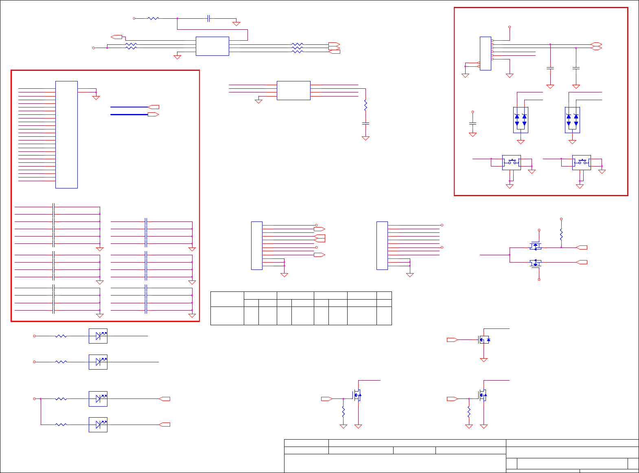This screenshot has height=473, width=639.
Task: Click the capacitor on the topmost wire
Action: tap(208, 18)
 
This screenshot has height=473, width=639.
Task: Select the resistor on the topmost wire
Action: tap(153, 18)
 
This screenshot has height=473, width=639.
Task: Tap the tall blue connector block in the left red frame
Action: tap(66, 134)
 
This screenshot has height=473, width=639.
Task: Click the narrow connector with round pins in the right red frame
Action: tap(485, 53)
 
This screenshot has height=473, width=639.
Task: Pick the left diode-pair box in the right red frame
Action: tap(521, 120)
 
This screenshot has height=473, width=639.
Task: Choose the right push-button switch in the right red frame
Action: tap(581, 162)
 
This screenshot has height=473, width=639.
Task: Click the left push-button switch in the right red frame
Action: tap(511, 162)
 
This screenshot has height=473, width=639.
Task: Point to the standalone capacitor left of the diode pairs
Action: tap(473, 123)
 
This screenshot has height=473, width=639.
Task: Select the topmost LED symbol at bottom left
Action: tap(98, 336)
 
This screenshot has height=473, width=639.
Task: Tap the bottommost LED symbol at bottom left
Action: tap(98, 425)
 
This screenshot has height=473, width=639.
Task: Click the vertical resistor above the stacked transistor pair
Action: tap(561, 235)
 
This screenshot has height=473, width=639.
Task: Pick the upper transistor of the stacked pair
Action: tap(535, 246)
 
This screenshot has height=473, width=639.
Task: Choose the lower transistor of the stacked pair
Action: tap(535, 263)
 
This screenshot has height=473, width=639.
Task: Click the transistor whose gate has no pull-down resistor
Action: tap(484, 339)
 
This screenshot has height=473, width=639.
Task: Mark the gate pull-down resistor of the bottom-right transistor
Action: tap(469, 412)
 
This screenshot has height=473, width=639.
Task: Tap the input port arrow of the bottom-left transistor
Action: tap(327, 399)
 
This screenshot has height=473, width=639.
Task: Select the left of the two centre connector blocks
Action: tap(256, 245)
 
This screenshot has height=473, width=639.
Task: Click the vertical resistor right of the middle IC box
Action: tap(365, 105)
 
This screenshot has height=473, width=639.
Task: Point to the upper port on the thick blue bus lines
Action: tap(153, 107)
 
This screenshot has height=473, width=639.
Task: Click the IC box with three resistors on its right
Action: tap(212, 46)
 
